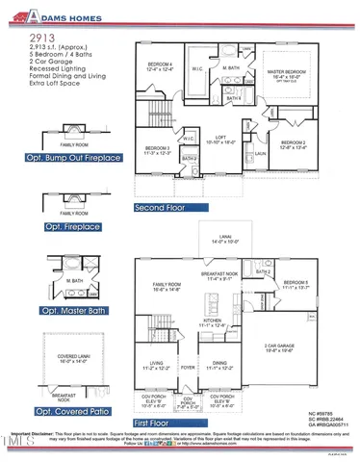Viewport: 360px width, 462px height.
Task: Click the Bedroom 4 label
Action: click(x=169, y=65)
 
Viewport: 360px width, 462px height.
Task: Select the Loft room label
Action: click(x=218, y=138)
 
